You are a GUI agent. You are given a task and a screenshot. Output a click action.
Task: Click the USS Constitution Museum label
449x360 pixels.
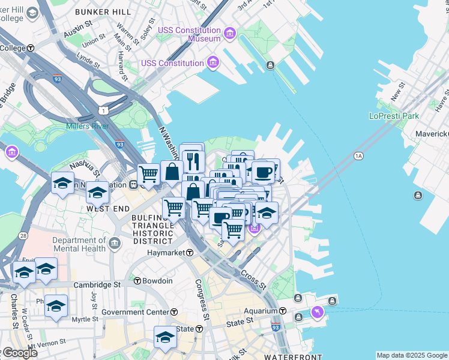tap(189, 35)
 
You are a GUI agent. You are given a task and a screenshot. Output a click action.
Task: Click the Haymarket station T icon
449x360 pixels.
tap(189, 253)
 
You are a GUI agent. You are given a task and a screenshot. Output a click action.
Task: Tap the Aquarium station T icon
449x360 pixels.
tap(282, 311)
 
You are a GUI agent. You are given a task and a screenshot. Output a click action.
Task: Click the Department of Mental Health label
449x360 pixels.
tap(79, 244)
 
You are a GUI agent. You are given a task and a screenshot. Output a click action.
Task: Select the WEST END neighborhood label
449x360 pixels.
tap(109, 208)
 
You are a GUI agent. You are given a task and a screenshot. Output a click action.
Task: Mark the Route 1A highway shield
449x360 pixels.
tap(359, 156)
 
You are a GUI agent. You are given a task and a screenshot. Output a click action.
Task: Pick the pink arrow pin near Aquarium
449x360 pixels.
tap(317, 311)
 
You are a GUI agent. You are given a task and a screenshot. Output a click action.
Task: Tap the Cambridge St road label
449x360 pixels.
tap(97, 285)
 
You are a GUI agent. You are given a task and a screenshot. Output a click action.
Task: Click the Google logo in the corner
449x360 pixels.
tap(19, 353)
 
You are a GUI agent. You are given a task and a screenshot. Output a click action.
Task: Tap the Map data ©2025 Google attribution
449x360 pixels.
tap(411, 355)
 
